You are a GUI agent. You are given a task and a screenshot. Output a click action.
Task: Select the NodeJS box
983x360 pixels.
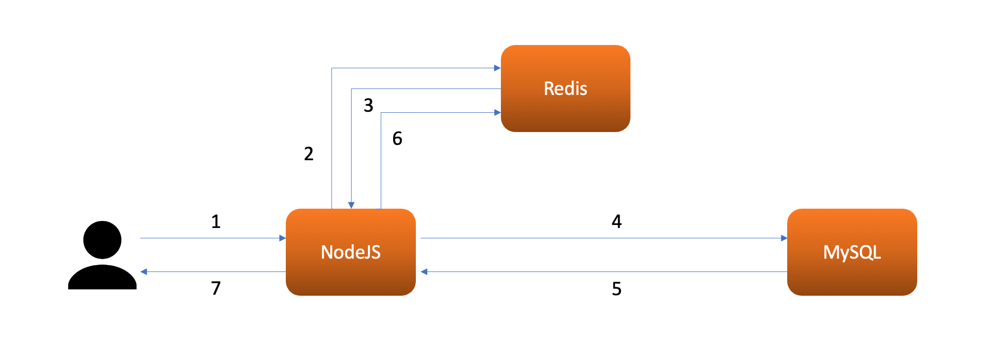pos(351,277)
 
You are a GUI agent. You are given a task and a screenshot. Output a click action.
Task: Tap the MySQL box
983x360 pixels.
pos(851,277)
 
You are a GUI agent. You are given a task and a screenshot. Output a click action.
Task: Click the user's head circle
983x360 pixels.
pos(102,240)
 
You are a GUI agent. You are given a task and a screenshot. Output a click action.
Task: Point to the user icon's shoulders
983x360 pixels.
pos(102,278)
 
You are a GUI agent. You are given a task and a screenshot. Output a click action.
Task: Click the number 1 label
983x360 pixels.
pos(216,222)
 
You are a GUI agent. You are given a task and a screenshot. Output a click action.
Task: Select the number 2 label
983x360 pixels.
pos(309,154)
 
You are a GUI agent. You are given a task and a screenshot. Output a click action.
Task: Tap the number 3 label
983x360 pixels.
pos(368,105)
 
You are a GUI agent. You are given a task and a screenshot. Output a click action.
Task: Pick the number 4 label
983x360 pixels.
pos(617,222)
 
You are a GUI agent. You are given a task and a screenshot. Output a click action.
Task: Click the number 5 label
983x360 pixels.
pos(617,289)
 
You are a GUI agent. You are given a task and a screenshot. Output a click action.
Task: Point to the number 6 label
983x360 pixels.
pos(397,138)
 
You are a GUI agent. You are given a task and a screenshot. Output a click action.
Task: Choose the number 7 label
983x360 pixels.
pos(216,288)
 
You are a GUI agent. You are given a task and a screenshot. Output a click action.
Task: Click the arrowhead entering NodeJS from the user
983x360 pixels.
pos(282,238)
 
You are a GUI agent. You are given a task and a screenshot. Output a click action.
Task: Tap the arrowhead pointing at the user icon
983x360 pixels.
pos(144,271)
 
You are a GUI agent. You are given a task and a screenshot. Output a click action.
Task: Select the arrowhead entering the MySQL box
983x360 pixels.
pos(784,238)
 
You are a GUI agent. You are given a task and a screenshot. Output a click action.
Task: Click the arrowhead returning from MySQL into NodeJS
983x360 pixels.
pos(424,271)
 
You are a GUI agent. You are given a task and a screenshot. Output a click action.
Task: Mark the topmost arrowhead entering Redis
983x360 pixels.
pos(497,68)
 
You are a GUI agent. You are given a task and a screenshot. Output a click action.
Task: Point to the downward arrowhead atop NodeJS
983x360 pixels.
pos(351,205)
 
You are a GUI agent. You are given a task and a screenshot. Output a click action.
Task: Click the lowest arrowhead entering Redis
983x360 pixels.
pos(497,113)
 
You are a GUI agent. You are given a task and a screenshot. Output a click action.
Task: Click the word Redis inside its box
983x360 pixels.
pos(565,89)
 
